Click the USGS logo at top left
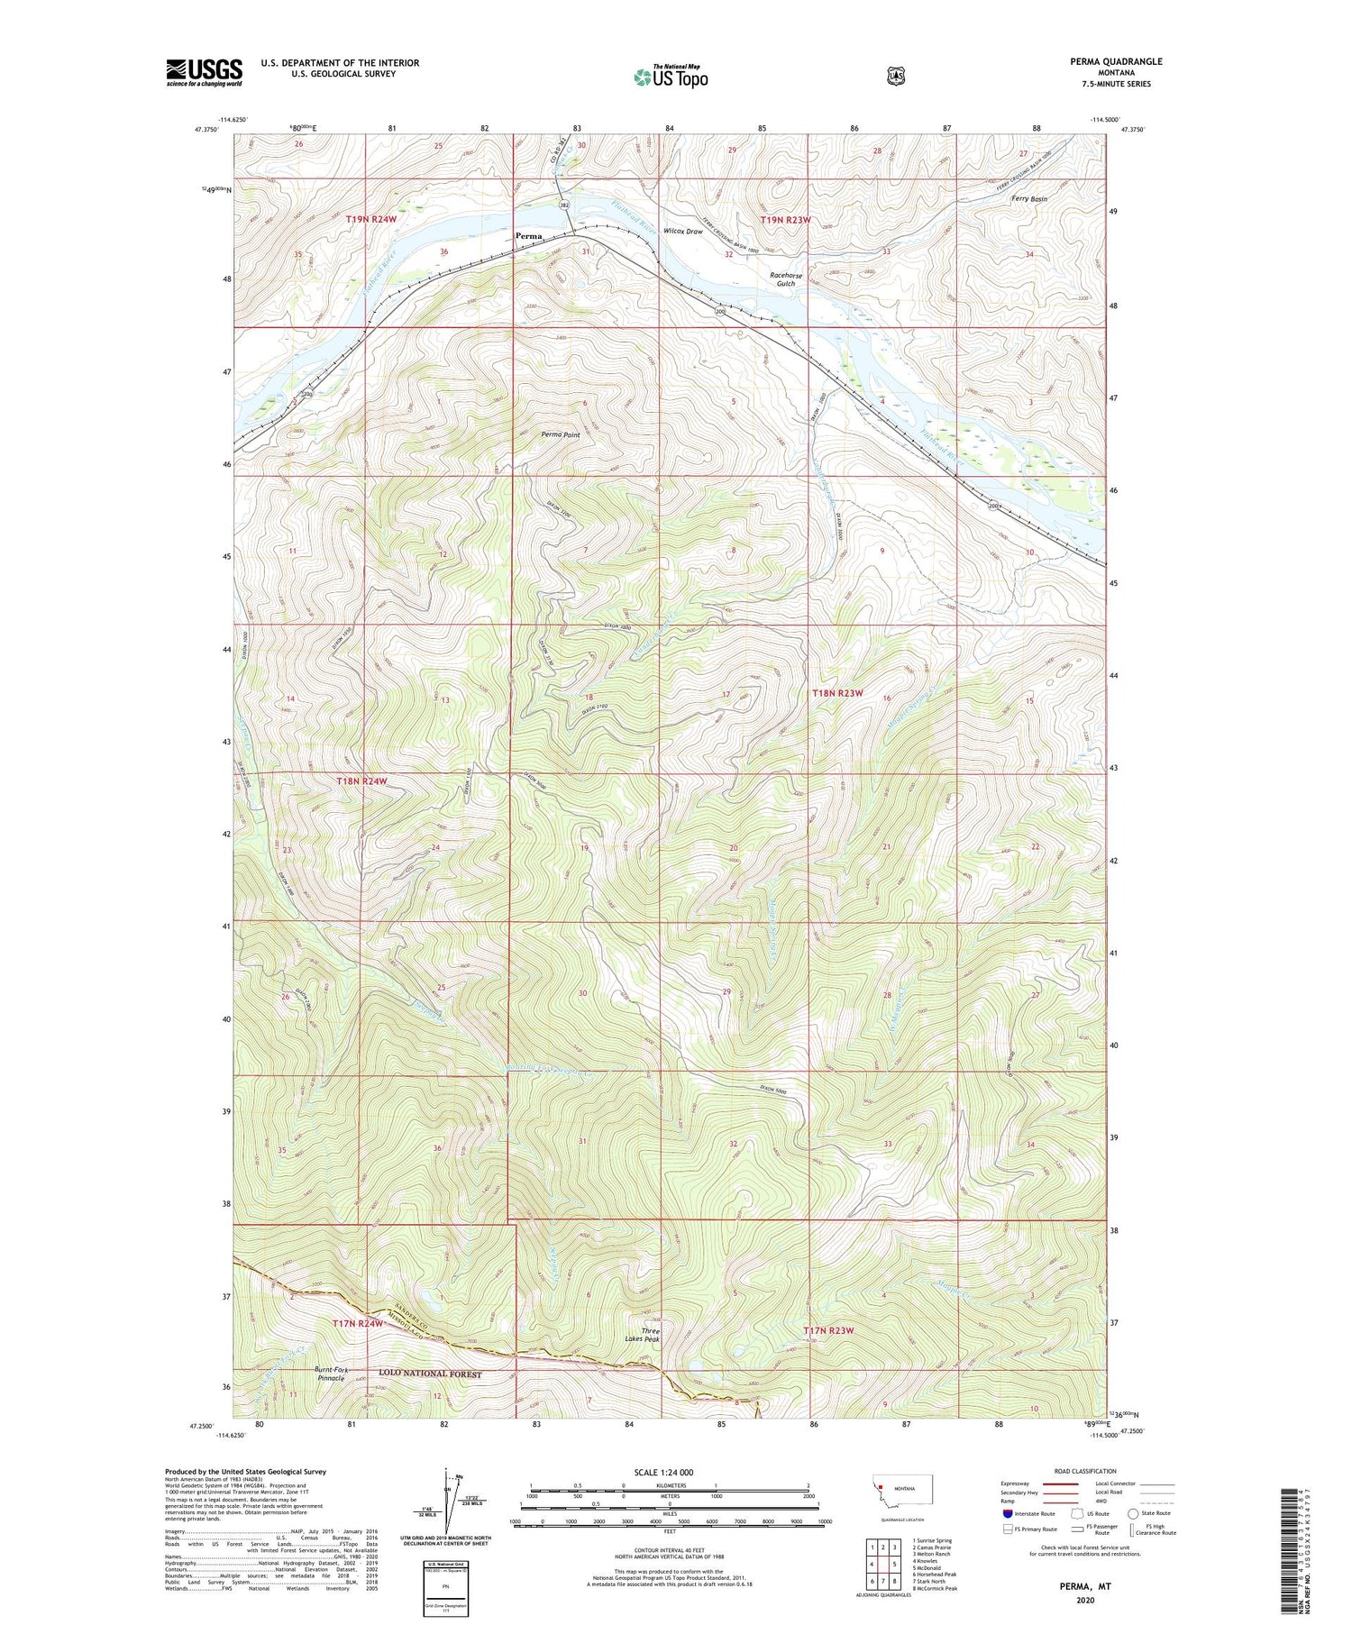coord(204,72)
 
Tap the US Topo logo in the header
coord(671,77)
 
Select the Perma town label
coord(529,236)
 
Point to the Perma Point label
coord(561,434)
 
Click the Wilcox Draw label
coord(682,232)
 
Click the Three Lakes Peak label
coord(651,1335)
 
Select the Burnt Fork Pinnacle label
coord(331,1374)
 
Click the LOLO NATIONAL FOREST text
coord(430,1374)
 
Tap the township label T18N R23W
coord(837,693)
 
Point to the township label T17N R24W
coord(358,1323)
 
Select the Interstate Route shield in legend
coord(1007,1514)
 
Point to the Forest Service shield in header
coord(895,77)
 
